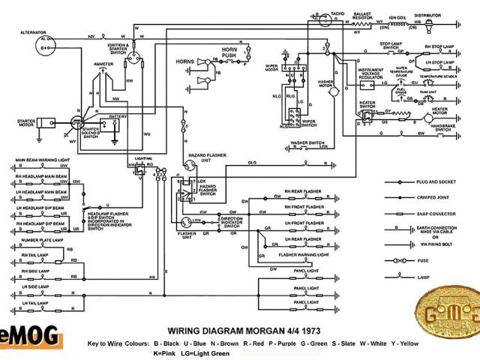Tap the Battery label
[x=118, y=117]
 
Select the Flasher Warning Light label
[x=304, y=256]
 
